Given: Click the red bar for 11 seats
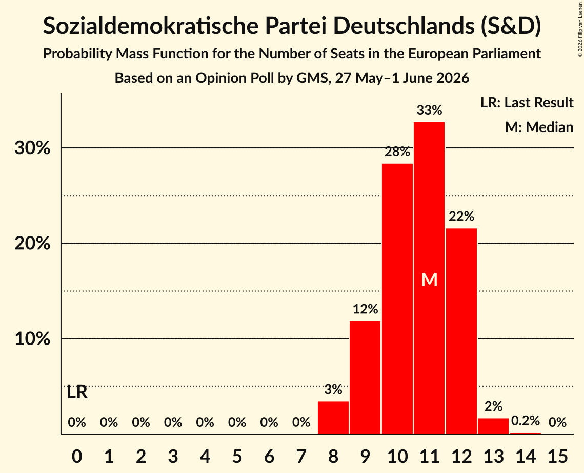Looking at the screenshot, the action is coord(429,278).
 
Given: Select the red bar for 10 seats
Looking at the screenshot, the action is coord(397,298).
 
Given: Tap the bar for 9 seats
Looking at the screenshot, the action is coord(365,377).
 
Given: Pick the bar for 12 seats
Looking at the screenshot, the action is coord(461,331).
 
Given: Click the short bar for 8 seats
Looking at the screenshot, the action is coord(333,418).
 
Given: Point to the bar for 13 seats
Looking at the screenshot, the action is coord(493,426).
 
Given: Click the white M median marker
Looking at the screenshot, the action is coord(429,279).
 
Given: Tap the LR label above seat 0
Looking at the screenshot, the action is coord(77,393).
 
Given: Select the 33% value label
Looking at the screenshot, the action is coord(429,110).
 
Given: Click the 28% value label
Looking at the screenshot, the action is coord(397,152).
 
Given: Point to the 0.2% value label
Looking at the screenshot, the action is coord(525,421).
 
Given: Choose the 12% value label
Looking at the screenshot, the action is coord(365,309).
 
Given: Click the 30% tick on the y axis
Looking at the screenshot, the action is coord(32,148).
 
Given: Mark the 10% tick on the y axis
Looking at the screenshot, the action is coord(32,339).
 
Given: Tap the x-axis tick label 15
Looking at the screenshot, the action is coord(557,456).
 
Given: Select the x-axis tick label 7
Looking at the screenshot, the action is coord(301,456).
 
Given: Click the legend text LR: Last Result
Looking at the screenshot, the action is coord(527,102).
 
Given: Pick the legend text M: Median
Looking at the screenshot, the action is coord(539,127).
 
